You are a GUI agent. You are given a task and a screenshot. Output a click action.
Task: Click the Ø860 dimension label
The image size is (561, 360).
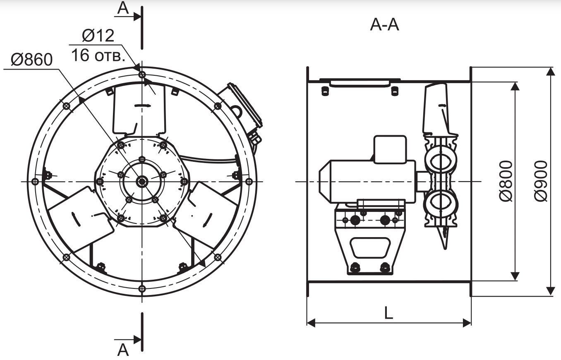click(x=31, y=60)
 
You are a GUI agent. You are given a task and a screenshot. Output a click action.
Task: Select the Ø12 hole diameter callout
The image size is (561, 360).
click(x=98, y=36)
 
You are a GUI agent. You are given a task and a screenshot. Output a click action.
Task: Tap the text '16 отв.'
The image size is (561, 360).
click(x=98, y=55)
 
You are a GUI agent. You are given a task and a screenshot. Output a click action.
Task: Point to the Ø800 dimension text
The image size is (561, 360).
click(x=506, y=181)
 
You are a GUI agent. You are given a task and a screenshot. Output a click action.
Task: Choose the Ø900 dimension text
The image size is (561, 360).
click(x=540, y=181)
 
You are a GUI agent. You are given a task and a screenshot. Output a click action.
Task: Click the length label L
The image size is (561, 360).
click(x=388, y=313)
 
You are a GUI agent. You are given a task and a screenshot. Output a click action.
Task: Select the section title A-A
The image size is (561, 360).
click(x=384, y=25)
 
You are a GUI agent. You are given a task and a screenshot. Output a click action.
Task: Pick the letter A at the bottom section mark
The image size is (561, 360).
click(x=123, y=350)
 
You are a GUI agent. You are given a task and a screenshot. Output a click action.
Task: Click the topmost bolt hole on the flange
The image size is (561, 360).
click(x=142, y=74)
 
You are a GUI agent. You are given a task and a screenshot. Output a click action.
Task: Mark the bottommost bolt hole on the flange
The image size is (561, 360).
click(x=142, y=288)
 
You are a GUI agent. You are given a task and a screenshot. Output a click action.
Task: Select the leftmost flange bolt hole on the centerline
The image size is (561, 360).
click(x=35, y=181)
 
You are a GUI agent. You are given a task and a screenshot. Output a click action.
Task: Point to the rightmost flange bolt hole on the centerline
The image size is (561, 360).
click(x=249, y=181)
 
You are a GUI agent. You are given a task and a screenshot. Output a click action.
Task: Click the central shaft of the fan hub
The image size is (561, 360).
click(x=142, y=181)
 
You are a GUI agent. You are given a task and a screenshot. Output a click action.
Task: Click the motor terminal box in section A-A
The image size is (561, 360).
click(x=390, y=149)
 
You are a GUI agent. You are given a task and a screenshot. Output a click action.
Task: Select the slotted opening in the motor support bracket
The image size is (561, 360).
click(x=370, y=247)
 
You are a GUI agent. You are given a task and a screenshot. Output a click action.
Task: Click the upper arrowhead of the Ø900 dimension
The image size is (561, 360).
click(x=551, y=72)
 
